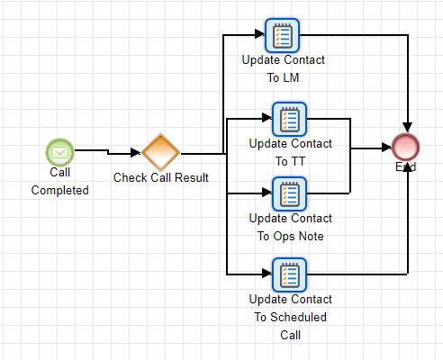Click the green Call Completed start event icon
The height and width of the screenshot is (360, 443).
click(x=60, y=150)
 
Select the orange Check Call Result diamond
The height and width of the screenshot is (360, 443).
click(x=160, y=151)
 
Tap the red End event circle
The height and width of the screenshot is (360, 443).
click(x=406, y=148)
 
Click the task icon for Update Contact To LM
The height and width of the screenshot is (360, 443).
click(x=283, y=36)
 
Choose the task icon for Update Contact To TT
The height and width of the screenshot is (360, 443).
click(x=290, y=119)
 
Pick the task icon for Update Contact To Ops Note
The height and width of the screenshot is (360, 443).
click(x=290, y=193)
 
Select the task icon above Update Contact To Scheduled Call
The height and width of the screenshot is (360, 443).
click(x=290, y=274)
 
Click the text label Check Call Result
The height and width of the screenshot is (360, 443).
click(x=160, y=177)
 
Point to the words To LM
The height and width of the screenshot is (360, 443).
click(x=283, y=77)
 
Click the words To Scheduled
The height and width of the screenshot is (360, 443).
click(x=290, y=317)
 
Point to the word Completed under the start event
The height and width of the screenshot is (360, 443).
click(x=60, y=190)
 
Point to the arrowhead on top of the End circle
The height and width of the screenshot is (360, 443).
click(x=407, y=129)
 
